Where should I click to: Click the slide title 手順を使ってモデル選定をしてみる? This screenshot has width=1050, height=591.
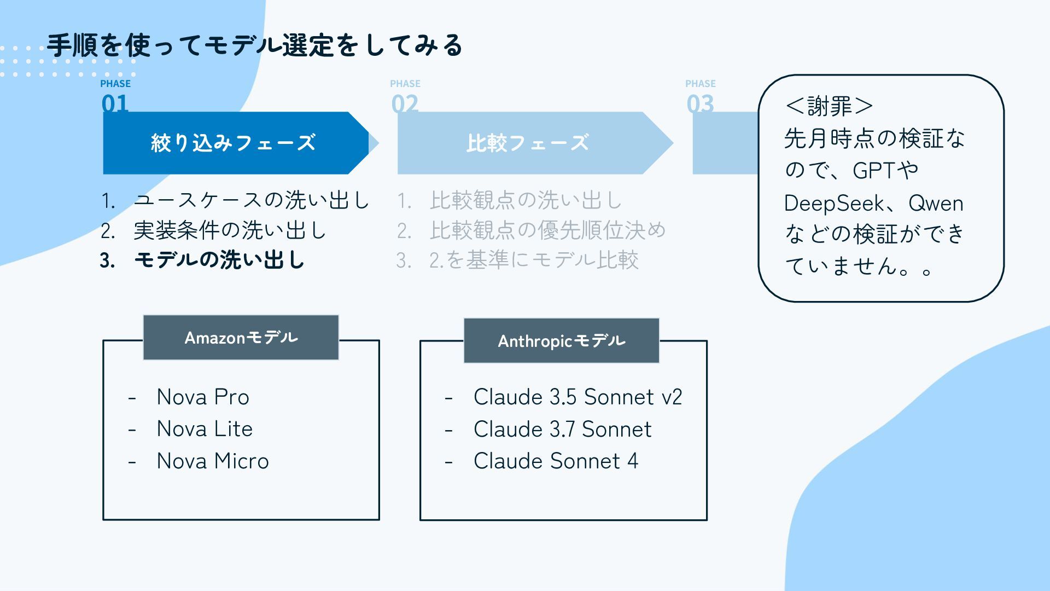point(255,45)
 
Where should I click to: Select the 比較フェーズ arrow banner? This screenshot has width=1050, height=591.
point(527,143)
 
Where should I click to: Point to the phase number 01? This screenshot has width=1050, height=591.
point(115,103)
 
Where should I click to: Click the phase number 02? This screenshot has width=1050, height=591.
point(405,103)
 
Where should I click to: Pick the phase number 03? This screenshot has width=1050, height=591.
point(700,103)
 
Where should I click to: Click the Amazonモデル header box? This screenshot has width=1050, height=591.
point(241,338)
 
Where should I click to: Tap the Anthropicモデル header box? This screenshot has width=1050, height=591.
point(561,341)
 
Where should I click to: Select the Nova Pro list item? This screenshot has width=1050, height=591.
point(202,397)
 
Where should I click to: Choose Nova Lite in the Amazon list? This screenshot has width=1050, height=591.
point(205,428)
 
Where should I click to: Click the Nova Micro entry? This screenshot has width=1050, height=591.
point(212,461)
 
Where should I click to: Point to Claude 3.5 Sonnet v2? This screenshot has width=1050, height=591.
point(577,397)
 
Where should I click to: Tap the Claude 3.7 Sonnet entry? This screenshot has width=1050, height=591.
point(562,429)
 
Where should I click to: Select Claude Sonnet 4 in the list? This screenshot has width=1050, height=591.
point(556,461)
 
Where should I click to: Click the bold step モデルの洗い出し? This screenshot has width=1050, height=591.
point(219,260)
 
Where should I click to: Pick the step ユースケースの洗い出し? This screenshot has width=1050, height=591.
point(252,200)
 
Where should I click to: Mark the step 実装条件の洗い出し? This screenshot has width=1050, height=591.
point(230,230)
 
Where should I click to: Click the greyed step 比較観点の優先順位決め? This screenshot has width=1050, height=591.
point(547,230)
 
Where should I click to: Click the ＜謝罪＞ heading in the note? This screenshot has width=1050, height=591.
point(829,106)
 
